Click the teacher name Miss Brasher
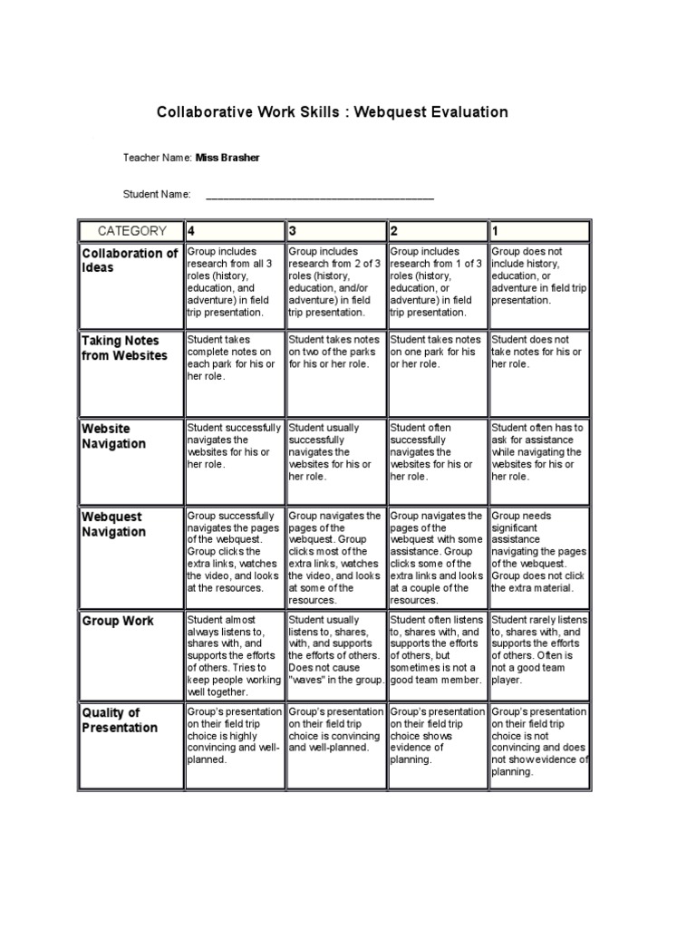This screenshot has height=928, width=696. click(x=227, y=158)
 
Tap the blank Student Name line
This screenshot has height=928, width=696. click(x=320, y=194)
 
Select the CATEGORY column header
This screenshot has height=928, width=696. click(x=131, y=231)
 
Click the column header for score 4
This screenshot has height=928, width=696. click(x=234, y=231)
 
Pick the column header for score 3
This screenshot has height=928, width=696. click(x=335, y=231)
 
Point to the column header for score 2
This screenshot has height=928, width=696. click(x=437, y=231)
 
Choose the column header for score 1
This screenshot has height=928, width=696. click(x=538, y=231)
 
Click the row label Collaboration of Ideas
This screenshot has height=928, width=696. click(x=130, y=261)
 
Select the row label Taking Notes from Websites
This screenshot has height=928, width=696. click(x=125, y=348)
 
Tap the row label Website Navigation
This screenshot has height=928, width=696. click(x=114, y=436)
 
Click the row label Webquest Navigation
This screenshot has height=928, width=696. click(x=114, y=524)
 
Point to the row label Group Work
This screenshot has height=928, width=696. click(x=118, y=622)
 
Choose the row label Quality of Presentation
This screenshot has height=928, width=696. click(x=120, y=720)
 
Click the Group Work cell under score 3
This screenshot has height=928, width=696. click(x=335, y=650)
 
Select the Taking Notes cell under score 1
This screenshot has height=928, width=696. click(x=538, y=352)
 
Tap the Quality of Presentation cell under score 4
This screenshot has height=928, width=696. click(x=234, y=736)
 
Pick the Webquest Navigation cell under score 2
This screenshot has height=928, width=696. click(x=437, y=557)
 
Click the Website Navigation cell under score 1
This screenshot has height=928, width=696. click(x=538, y=451)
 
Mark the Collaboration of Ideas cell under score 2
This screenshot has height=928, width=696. click(x=437, y=282)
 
